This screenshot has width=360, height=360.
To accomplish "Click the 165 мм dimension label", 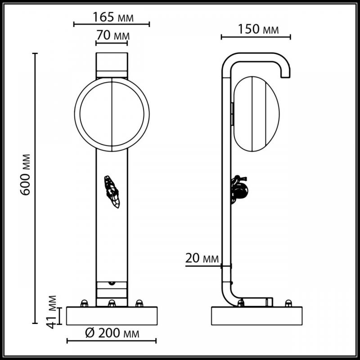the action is [113, 17].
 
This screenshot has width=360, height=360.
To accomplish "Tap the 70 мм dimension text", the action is [113, 36].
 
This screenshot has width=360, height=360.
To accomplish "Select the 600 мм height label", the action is [25, 175].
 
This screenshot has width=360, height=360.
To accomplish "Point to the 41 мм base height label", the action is [51, 312].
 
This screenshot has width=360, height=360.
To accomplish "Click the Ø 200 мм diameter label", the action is [112, 333].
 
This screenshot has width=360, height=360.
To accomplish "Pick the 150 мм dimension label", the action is [258, 29].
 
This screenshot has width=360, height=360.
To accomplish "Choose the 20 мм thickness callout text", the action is [202, 258].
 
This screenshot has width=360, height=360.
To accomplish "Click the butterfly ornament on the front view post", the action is [112, 192].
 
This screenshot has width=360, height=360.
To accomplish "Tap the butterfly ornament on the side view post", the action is [239, 189].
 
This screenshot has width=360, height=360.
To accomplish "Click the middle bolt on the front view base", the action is [112, 303].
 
